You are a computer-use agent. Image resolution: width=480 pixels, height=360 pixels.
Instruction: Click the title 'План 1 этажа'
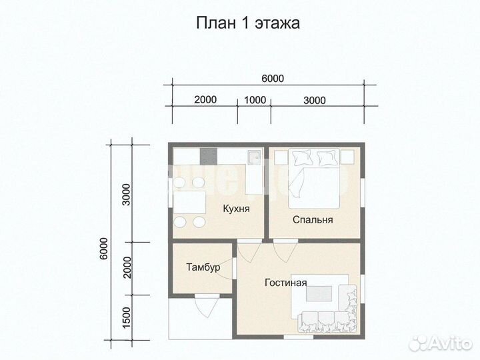tap(247, 24)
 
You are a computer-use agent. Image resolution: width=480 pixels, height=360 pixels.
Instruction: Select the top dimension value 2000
tap(205, 101)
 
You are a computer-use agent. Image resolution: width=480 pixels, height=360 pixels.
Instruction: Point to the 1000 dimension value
tap(255, 101)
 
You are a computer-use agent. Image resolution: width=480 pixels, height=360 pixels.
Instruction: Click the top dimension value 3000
tap(314, 101)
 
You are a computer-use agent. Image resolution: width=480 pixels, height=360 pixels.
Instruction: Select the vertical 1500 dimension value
tap(127, 317)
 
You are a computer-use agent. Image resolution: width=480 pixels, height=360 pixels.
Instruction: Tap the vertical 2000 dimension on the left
tap(127, 267)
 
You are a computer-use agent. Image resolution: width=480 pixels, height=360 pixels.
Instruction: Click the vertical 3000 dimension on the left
tap(127, 194)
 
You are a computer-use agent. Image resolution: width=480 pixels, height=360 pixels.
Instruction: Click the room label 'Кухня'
tap(237, 209)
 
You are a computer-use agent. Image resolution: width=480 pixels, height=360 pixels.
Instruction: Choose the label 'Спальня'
tap(313, 219)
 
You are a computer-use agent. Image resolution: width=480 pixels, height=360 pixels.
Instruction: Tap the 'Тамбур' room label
tap(203, 267)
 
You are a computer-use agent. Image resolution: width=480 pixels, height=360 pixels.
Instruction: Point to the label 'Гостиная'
tap(285, 282)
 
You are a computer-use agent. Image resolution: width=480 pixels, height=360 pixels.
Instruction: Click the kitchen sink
tap(253, 157)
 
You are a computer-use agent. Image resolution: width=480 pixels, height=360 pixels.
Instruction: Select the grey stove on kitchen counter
tap(208, 157)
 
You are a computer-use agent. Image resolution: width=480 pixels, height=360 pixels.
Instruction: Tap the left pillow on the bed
tap(302, 158)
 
